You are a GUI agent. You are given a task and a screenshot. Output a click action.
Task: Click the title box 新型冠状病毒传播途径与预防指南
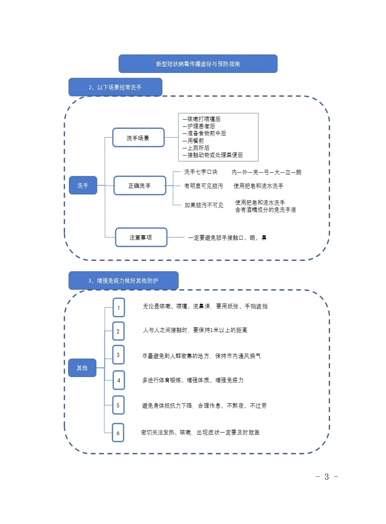coord(198,64)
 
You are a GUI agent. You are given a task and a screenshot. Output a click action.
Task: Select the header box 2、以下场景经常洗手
coord(115,87)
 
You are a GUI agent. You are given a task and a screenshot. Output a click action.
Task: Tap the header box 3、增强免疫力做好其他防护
coord(123,281)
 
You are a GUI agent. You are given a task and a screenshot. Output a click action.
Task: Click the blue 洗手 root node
coord(83,185)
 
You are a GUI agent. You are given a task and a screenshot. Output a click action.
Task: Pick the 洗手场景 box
coord(138,138)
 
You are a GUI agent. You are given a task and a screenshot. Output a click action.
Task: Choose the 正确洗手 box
coord(140,186)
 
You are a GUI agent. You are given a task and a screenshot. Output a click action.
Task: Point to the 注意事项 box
coord(141,237)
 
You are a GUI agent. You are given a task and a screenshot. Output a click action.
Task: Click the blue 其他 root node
coord(82,368)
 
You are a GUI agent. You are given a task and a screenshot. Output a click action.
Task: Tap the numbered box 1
coord(119,308)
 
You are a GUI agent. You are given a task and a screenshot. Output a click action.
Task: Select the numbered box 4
coord(119,380)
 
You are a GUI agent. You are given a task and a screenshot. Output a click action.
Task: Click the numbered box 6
coord(118,433)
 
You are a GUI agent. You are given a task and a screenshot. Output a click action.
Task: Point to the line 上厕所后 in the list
coord(196,148)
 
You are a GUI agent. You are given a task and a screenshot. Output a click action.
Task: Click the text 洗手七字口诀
coord(201,172)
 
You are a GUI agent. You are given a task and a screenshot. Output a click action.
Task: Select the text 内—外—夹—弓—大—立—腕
coord(266,172)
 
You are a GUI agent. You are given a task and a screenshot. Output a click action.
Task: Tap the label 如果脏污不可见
coord(204,205)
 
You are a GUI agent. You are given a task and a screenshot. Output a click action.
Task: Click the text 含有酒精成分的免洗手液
coord(266,210)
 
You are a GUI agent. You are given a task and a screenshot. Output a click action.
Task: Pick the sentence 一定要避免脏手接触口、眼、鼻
coord(227,238)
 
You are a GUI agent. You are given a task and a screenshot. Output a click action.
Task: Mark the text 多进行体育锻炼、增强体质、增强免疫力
coord(193,380)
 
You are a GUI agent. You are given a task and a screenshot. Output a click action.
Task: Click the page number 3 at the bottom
coord(327,477)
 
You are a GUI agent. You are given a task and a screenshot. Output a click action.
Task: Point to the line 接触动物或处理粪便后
coord(213,155)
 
